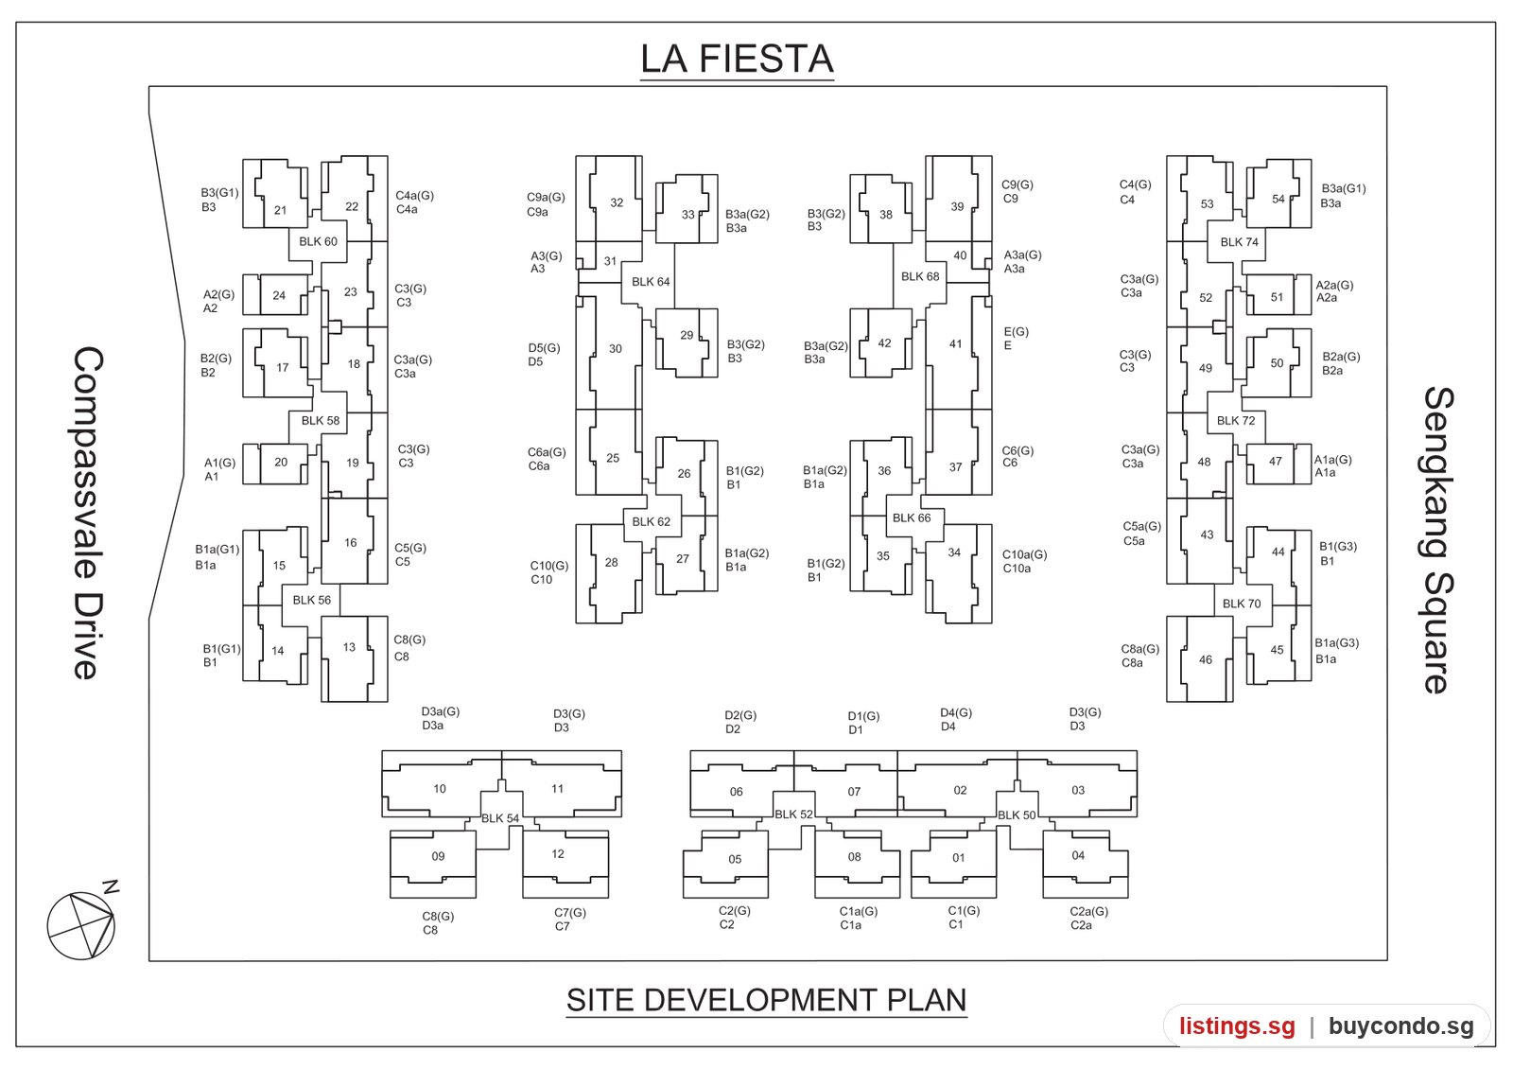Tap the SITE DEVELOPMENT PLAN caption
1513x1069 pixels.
[767, 1000]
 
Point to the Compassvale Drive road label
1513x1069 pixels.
[89, 513]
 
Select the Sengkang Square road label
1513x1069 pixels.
[1438, 540]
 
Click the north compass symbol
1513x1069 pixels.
[82, 922]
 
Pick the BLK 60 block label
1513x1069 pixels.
[318, 242]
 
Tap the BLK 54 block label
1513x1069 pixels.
[500, 818]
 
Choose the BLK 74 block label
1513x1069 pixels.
[1240, 242]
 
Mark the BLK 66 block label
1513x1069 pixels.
[912, 517]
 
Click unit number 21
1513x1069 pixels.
[280, 210]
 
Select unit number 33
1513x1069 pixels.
[687, 214]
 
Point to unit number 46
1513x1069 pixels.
[1206, 659]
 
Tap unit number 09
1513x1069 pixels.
[439, 856]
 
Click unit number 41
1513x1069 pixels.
[955, 344]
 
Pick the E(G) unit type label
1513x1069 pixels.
[1016, 332]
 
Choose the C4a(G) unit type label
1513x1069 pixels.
[415, 195]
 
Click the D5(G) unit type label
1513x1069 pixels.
[545, 348]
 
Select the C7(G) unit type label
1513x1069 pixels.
[570, 912]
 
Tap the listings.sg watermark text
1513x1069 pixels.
[1238, 1025]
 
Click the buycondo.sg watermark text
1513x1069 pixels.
[1401, 1025]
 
